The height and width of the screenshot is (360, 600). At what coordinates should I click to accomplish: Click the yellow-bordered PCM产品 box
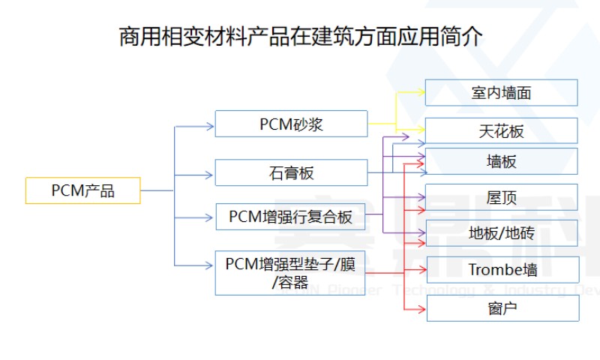[82, 190]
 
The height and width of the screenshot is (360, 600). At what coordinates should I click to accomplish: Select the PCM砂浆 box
[291, 124]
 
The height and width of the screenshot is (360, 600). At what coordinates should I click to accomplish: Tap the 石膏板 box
[291, 172]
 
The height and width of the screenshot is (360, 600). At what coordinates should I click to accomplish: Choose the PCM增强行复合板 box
[291, 217]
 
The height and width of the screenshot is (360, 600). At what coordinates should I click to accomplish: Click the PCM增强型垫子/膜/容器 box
[290, 272]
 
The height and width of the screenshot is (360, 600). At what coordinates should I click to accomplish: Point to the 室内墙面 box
[502, 93]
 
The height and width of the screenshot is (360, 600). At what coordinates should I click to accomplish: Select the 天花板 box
[502, 131]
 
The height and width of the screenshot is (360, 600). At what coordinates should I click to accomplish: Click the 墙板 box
[502, 161]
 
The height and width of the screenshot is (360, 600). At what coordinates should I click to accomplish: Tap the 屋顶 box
[502, 197]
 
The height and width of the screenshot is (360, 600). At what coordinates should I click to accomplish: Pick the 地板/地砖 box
[502, 232]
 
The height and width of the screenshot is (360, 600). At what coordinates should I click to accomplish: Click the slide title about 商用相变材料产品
[300, 37]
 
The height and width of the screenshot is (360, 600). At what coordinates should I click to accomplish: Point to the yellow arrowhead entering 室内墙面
[421, 93]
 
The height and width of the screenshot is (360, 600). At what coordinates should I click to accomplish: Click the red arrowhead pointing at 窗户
[422, 308]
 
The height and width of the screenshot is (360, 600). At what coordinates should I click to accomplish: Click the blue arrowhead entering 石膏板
[211, 174]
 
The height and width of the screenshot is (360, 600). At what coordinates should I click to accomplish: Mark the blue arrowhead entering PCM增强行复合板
[211, 218]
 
